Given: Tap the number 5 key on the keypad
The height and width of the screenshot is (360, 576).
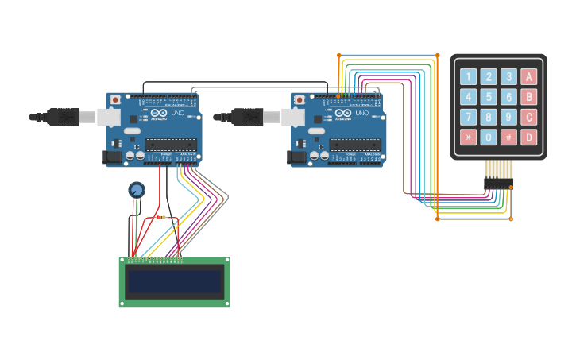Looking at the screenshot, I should click(x=489, y=97).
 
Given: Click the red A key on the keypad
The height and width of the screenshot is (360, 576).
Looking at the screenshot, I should click(x=528, y=77).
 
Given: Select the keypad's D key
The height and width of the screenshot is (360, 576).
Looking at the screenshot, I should click(x=528, y=137).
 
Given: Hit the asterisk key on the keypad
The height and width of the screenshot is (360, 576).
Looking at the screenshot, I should click(x=469, y=137).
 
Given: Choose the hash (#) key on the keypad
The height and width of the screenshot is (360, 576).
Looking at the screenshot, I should click(x=508, y=137).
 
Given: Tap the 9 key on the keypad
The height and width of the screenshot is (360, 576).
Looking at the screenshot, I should click(x=508, y=117).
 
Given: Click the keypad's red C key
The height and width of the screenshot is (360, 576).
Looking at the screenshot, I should click(x=528, y=117).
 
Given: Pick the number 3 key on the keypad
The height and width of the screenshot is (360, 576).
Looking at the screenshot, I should click(x=508, y=77).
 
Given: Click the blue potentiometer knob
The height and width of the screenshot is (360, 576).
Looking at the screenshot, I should click(x=137, y=189).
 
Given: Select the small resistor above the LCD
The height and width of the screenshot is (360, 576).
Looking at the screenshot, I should click(x=162, y=216).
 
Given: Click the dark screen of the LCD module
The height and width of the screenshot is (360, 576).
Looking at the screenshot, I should click(x=175, y=281).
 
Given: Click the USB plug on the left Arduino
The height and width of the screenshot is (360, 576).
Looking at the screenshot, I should click(x=68, y=117).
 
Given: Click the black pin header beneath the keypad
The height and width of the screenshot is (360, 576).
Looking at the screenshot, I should click(x=497, y=184).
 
